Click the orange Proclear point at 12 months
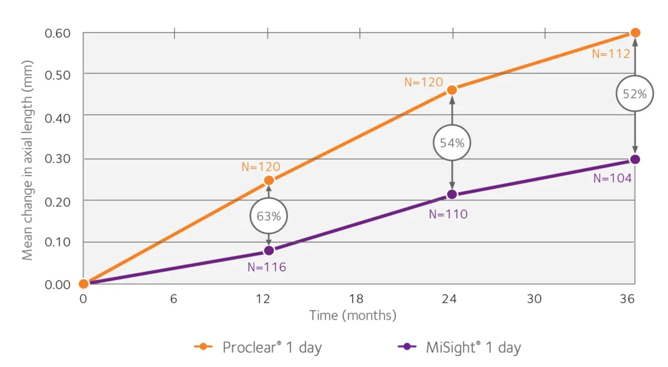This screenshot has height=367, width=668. click(269, 181)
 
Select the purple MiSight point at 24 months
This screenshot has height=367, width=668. click(452, 194)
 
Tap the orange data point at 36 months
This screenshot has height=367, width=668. click(635, 33)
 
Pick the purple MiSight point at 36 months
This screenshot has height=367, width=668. click(635, 160)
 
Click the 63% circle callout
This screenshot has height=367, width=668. click(268, 216)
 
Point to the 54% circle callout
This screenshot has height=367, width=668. click(452, 143)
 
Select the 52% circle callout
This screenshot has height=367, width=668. click(635, 94)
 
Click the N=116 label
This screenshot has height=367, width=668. click(267, 267)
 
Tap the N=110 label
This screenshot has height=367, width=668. click(448, 214)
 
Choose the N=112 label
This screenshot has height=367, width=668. click(611, 53)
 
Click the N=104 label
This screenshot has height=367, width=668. click(613, 179)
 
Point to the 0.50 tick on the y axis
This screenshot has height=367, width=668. click(57, 75)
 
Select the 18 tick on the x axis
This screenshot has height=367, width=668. click(356, 299)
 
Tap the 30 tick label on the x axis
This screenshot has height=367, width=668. click(534, 299)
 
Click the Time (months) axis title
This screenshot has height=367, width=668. click(353, 316)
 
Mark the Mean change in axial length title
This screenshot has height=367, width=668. click(27, 160)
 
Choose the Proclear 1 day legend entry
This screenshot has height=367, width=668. click(258, 347)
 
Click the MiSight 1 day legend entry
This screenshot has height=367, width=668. click(459, 347)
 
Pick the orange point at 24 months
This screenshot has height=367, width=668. click(452, 90)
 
